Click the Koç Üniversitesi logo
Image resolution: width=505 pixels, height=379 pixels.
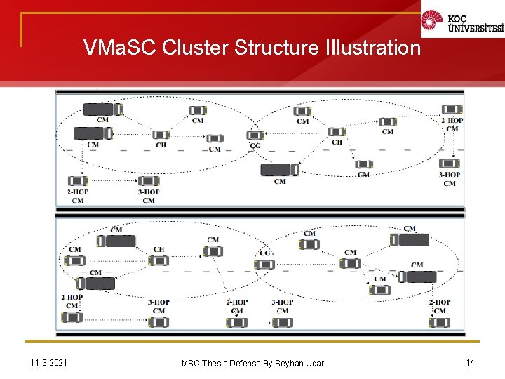(462, 22)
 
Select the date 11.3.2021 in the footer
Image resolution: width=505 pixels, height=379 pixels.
(49, 362)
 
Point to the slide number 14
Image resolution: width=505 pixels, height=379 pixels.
(469, 362)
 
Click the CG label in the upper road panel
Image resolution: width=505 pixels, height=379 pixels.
(255, 146)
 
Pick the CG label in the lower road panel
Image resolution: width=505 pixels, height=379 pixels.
(264, 253)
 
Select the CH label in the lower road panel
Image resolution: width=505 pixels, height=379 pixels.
(159, 249)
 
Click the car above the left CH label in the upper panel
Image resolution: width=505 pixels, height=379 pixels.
(161, 134)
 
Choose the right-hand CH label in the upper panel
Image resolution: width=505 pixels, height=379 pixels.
(337, 142)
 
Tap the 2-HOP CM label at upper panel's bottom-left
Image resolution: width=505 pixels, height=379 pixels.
(77, 196)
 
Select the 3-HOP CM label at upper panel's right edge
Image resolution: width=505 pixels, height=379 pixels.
(450, 179)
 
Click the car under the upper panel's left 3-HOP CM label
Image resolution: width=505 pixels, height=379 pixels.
(148, 180)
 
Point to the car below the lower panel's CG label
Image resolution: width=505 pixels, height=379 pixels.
(264, 265)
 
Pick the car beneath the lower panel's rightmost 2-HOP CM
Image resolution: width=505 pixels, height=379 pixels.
(439, 322)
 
